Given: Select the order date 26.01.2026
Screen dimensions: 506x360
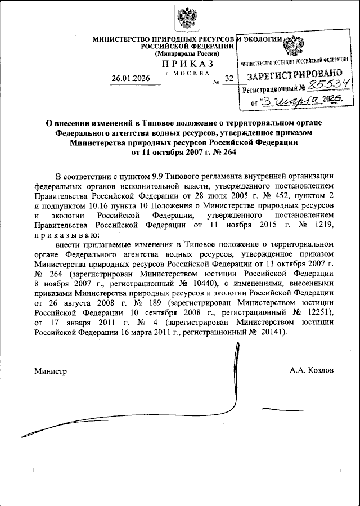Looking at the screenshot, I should [x=131, y=78].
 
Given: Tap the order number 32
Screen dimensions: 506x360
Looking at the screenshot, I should [x=228, y=79].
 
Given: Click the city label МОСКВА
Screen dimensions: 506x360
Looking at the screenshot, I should [x=191, y=73].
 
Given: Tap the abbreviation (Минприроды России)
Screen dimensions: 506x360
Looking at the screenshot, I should [x=180, y=53].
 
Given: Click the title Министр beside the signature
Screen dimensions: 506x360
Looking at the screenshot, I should [x=51, y=371].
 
